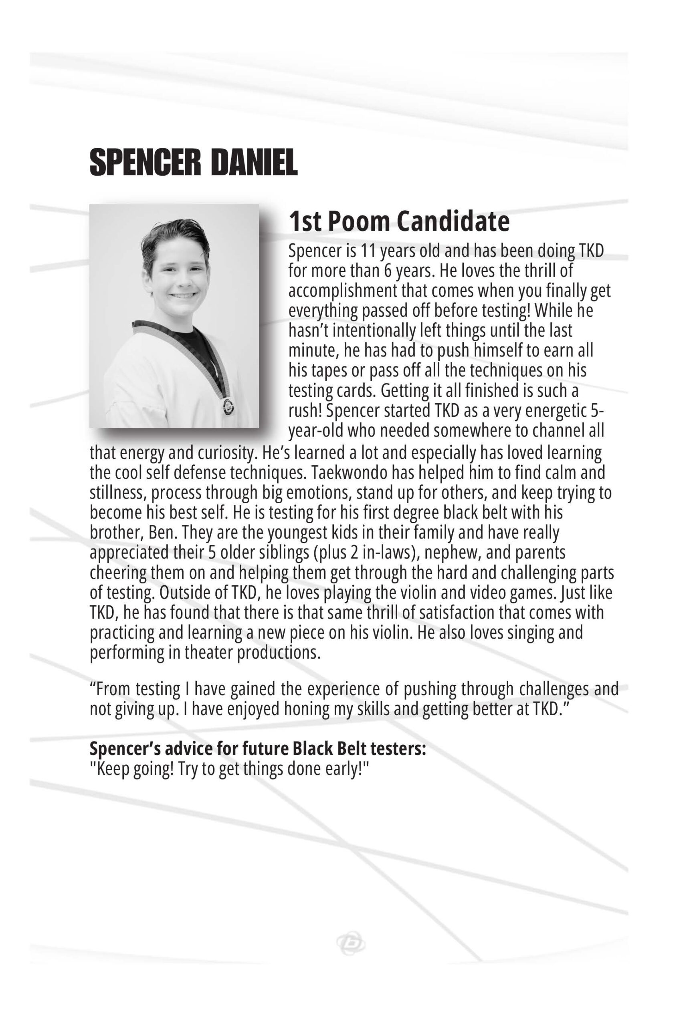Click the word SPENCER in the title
(x=145, y=163)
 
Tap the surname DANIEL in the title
(x=254, y=163)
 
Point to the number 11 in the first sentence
(x=368, y=251)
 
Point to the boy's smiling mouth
(x=182, y=296)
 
